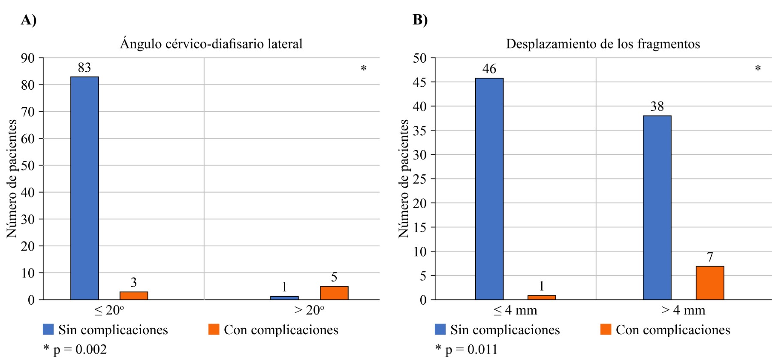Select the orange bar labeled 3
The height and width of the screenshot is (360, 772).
click(x=134, y=296)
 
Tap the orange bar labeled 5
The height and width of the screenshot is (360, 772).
click(x=334, y=293)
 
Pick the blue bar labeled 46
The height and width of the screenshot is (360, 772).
click(x=489, y=189)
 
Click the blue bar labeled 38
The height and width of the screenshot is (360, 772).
click(x=657, y=208)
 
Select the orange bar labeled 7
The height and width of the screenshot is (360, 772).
click(x=710, y=283)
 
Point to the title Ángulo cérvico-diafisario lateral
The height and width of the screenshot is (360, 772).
click(x=211, y=44)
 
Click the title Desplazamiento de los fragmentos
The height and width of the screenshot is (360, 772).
click(x=603, y=44)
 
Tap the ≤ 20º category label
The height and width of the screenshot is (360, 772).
click(x=109, y=310)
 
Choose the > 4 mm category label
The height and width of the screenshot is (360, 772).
click(x=683, y=310)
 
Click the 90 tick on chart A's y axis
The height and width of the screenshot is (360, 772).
click(x=28, y=58)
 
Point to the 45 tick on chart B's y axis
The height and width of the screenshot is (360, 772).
click(x=420, y=82)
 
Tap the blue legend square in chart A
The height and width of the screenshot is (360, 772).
click(x=48, y=330)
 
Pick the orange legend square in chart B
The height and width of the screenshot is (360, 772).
click(x=606, y=330)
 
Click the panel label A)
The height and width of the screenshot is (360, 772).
click(x=29, y=20)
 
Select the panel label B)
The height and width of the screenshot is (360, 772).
click(x=420, y=20)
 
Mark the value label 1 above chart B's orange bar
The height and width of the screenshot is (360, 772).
click(x=542, y=286)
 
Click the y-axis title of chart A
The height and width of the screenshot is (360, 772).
click(x=12, y=178)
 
